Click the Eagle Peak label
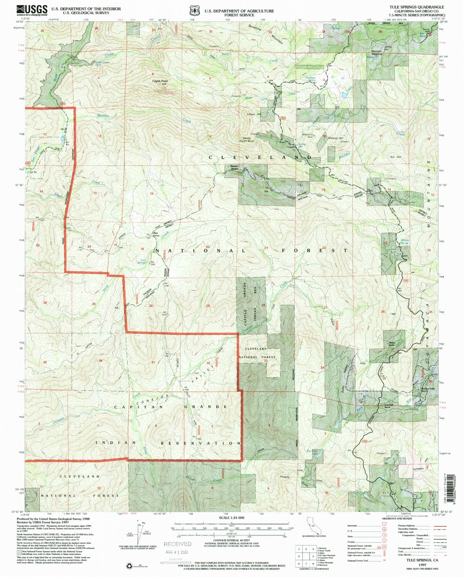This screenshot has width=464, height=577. (160, 81)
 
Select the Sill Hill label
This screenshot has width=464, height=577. (396, 157)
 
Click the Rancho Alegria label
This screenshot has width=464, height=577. (234, 167)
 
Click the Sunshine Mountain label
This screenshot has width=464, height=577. (266, 34)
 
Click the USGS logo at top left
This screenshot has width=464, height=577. (32, 10)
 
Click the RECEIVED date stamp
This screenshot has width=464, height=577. (178, 548)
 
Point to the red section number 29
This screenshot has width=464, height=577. (208, 306)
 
